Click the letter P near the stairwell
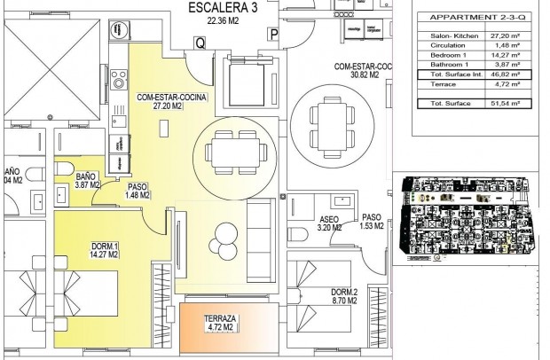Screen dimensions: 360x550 coord(274,35)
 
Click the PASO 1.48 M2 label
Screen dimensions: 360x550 coord(137,192)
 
